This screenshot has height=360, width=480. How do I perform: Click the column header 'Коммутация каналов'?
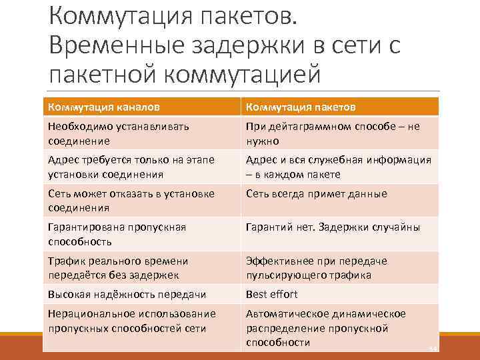(104, 107)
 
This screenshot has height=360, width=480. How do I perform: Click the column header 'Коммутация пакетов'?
(301, 107)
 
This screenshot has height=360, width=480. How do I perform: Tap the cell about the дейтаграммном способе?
(333, 133)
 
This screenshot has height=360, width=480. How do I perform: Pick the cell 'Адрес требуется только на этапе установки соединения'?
(129, 167)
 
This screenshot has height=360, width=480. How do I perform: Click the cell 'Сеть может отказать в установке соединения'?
(131, 200)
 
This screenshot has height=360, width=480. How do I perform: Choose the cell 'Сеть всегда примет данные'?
(316, 194)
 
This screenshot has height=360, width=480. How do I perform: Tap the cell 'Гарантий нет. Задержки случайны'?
(333, 227)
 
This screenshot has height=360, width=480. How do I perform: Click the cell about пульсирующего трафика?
(317, 268)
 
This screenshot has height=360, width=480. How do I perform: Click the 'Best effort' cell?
(271, 294)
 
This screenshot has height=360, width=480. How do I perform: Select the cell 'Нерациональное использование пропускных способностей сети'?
(132, 321)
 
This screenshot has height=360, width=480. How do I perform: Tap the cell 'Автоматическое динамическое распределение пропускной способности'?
(326, 328)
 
